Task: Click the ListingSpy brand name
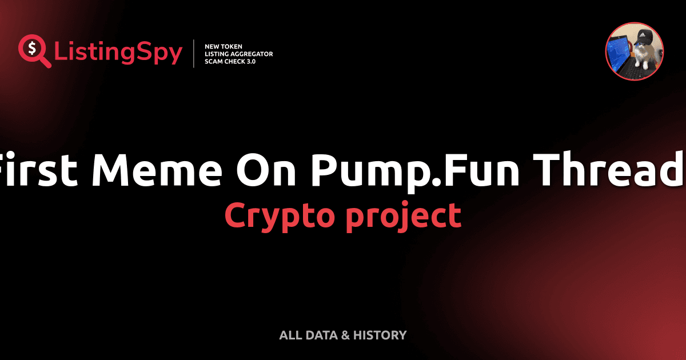118,53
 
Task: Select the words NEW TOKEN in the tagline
220,46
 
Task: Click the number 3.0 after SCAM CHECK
250,61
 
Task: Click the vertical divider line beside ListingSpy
194,54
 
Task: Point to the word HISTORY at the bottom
380,335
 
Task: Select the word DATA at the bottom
321,335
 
